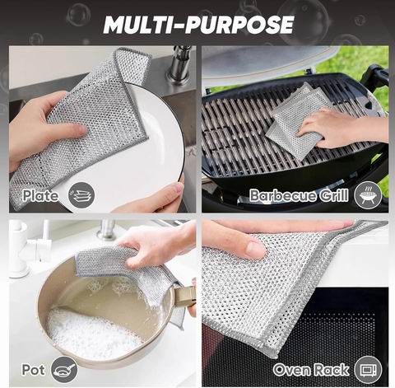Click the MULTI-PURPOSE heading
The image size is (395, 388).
point(198,25)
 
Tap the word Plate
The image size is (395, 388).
point(40,195)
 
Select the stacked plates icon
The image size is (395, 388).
point(81,195)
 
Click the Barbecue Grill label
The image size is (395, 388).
point(299,195)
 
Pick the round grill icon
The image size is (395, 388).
point(368,195)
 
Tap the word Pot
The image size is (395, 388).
point(33,370)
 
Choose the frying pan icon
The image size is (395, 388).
point(64,370)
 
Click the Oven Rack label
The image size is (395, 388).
point(311,370)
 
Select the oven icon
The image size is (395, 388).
point(368,370)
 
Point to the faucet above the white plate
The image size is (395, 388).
point(179,64)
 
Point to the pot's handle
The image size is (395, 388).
point(184,297)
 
